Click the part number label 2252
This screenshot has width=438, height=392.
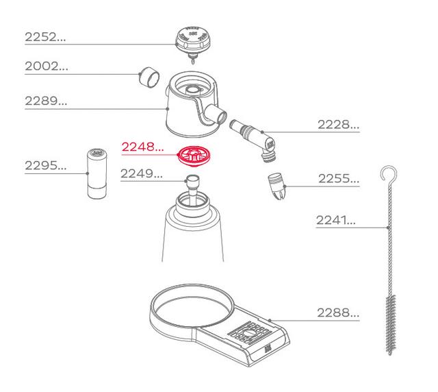(x=45, y=38)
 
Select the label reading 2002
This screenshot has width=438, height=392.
(x=45, y=66)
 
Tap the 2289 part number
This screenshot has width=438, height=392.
(x=45, y=101)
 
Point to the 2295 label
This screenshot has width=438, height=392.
(x=45, y=165)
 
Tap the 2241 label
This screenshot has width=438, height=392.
(x=337, y=221)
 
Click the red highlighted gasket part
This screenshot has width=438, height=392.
(x=194, y=156)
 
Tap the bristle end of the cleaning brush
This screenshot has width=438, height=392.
(x=391, y=322)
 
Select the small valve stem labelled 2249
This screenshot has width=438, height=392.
(x=193, y=184)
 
